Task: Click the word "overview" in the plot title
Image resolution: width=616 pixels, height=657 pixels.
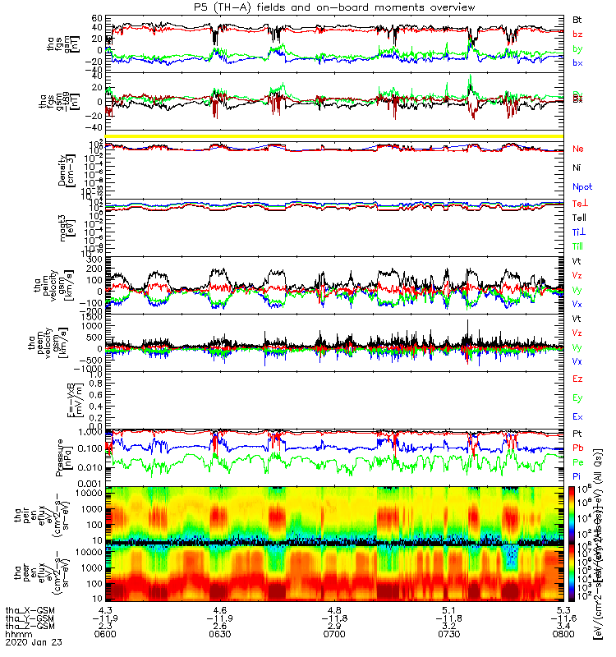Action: pyautogui.click(x=447, y=7)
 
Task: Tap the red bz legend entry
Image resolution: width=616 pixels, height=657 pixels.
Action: pyautogui.click(x=578, y=34)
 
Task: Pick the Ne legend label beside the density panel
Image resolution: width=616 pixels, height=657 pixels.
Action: pyautogui.click(x=578, y=149)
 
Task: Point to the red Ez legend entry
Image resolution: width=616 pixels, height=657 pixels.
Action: pyautogui.click(x=578, y=379)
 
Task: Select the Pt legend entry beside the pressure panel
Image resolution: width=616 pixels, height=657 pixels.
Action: pyautogui.click(x=577, y=433)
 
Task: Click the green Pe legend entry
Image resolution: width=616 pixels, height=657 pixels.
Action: pyautogui.click(x=578, y=462)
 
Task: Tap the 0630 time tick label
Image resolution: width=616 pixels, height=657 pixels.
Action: pyautogui.click(x=220, y=636)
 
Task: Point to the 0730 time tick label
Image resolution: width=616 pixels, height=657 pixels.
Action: pyautogui.click(x=448, y=636)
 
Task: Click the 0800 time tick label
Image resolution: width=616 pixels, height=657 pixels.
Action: pyautogui.click(x=563, y=636)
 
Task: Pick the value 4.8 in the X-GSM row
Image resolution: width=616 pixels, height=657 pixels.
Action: pyautogui.click(x=334, y=610)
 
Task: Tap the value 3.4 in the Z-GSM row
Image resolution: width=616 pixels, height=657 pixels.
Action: pyautogui.click(x=563, y=627)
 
